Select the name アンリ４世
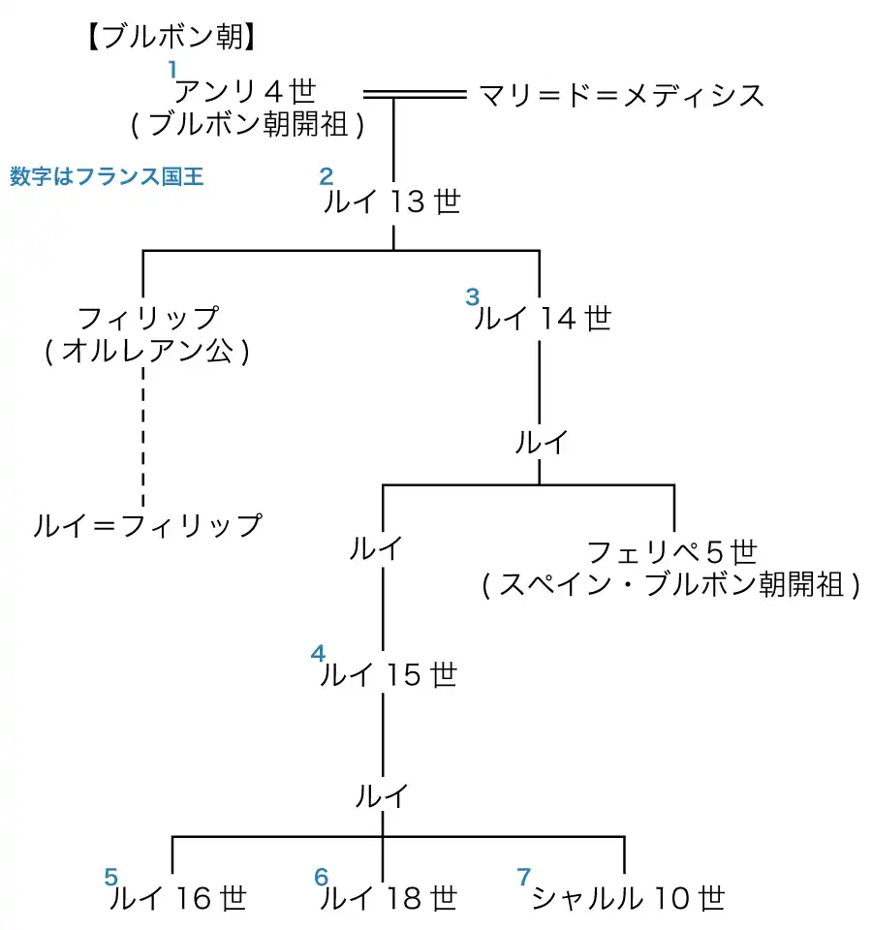(245, 92)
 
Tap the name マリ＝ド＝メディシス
(621, 95)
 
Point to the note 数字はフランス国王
(107, 178)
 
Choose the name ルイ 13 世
(392, 202)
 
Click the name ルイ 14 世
(543, 318)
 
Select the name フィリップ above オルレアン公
(147, 318)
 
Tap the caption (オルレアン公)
(147, 351)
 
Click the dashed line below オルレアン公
(143, 436)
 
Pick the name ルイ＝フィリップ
(147, 525)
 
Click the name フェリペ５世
(671, 552)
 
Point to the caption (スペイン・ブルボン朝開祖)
(671, 586)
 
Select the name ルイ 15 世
(388, 675)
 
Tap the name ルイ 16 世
(178, 899)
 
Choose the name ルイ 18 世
(388, 899)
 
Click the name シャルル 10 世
(628, 899)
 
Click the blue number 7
(524, 877)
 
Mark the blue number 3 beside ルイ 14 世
(473, 295)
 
